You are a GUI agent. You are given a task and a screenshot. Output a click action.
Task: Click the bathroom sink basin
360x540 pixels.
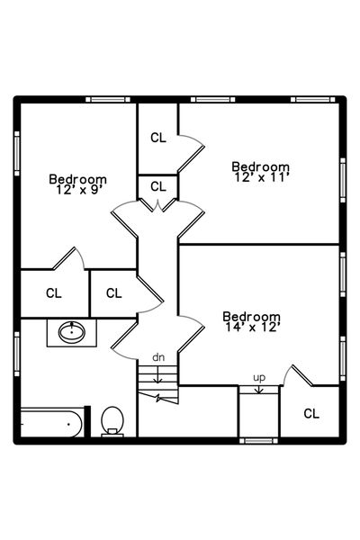72,332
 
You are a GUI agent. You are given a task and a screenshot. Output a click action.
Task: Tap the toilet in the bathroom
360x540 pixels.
112,421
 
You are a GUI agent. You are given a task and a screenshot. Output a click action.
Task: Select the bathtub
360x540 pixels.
51,423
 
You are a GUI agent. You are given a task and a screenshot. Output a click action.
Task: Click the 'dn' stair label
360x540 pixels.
158,357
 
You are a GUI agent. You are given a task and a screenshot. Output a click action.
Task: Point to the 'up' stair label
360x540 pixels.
259,378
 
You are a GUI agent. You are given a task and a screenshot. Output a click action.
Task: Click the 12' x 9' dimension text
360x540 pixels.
79,189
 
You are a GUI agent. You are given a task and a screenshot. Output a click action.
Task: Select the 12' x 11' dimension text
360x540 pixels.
262,177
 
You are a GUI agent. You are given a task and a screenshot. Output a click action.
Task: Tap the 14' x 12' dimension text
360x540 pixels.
251,327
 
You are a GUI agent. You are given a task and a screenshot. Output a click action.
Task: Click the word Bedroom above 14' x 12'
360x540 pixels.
251,316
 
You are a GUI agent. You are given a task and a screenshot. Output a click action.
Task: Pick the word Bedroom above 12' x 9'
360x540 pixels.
78,179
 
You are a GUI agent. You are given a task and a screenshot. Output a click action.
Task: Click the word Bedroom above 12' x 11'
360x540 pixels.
260,166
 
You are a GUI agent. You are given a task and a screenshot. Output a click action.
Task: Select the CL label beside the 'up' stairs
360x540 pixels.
311,413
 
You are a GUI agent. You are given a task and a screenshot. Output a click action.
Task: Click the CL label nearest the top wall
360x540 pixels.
158,138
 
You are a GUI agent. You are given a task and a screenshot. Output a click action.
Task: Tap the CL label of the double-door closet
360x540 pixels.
158,186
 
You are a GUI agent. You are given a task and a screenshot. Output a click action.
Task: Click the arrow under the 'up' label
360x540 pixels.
259,389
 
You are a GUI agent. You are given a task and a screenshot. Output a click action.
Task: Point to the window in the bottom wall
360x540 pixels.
258,441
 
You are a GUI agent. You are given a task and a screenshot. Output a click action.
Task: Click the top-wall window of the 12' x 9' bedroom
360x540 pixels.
108,100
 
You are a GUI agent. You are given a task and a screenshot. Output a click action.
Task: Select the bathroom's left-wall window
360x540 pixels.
17,354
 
